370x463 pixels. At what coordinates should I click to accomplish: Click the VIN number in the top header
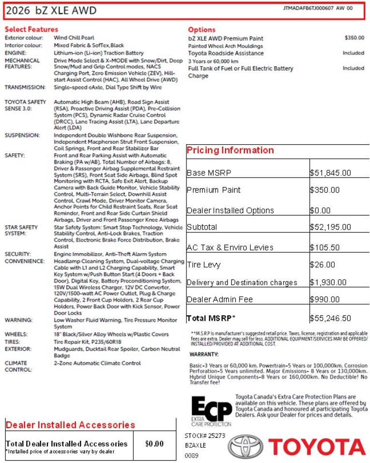309,8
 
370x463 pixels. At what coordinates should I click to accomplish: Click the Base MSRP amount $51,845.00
330,173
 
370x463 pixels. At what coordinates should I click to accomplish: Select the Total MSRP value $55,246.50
330,318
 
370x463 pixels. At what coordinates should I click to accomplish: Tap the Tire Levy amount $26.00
323,264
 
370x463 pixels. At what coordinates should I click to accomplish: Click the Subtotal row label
202,227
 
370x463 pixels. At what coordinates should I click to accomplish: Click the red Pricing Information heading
230,150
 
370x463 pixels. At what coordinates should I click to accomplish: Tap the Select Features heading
31,29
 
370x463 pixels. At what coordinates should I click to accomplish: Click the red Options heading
202,29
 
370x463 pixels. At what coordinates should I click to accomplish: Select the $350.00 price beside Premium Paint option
355,38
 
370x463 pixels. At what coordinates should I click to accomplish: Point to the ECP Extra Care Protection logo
211,411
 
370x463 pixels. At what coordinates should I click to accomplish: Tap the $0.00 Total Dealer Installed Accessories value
155,444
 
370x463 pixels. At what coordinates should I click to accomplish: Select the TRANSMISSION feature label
25,87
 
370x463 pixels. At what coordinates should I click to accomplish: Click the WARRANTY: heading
205,354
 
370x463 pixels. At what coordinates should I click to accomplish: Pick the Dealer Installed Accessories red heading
71,425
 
